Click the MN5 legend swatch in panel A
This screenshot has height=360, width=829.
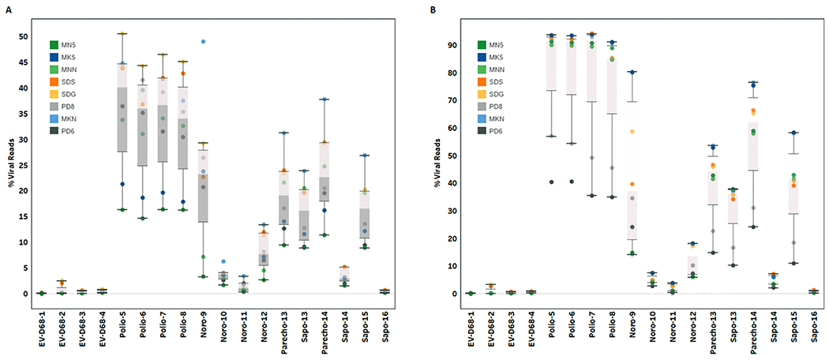pyautogui.click(x=54, y=45)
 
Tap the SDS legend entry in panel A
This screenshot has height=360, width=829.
pyautogui.click(x=54, y=86)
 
